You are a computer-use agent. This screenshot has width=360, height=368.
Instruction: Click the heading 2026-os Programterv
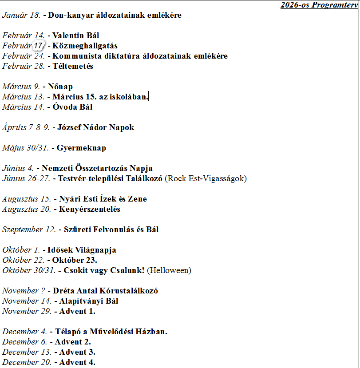point(319,5)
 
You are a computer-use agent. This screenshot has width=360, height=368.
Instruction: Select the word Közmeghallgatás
point(85,46)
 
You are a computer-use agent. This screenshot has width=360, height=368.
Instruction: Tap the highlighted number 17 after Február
point(39,46)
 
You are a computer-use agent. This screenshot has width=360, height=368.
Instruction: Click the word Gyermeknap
point(81,148)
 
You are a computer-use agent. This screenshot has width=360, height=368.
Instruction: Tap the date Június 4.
point(18,168)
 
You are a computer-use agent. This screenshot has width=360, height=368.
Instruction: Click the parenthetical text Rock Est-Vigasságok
point(206,178)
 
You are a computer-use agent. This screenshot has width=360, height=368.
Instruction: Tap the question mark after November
point(43,291)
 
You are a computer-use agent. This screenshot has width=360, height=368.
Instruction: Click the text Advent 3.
point(75,352)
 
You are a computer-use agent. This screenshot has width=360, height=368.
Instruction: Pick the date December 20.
point(26,362)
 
